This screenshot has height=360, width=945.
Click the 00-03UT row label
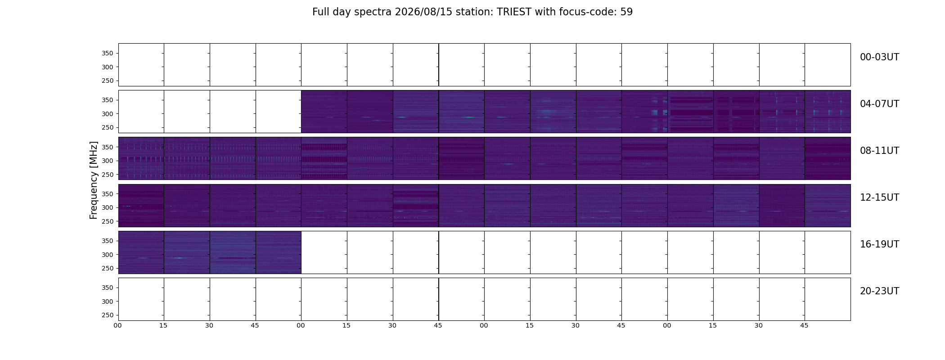(879, 57)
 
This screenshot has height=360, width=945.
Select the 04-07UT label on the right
(879, 104)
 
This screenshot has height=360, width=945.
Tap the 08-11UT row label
(879, 151)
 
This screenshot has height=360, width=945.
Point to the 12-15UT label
(879, 198)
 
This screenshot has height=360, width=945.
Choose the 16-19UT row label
(879, 244)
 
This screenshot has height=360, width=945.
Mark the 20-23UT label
(879, 291)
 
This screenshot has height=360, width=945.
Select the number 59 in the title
(626, 12)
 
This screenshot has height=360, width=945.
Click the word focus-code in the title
(588, 12)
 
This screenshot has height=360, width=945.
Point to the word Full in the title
(321, 12)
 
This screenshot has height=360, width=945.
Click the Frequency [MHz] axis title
(94, 180)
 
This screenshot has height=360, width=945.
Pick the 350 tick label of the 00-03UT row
(107, 54)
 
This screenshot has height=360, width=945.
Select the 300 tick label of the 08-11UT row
(107, 161)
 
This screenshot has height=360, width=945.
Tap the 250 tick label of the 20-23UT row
(107, 315)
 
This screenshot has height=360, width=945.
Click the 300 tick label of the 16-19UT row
(107, 255)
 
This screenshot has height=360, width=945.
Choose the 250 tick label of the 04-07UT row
(107, 128)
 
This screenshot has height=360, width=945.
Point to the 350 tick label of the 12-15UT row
(107, 194)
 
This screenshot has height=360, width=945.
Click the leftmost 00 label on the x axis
(118, 325)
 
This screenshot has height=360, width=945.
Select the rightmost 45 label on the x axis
(805, 325)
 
